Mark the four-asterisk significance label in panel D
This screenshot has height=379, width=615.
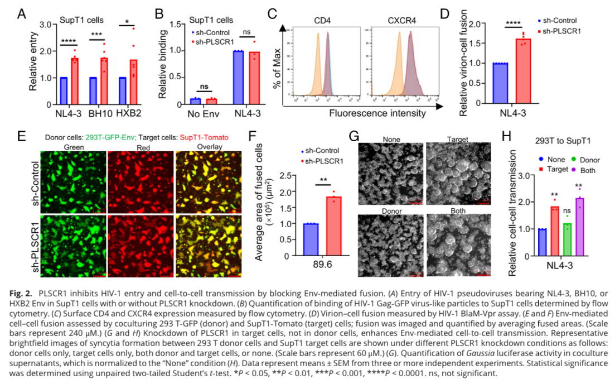tap(513, 24)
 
